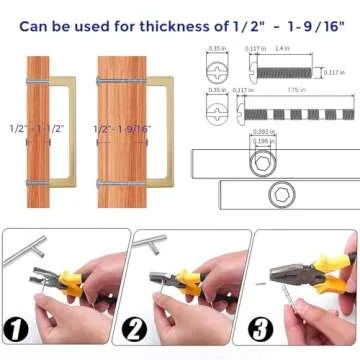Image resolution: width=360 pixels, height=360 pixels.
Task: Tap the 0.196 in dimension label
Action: pos(261,142)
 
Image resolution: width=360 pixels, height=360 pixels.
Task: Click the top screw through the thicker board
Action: pos(125,80)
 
